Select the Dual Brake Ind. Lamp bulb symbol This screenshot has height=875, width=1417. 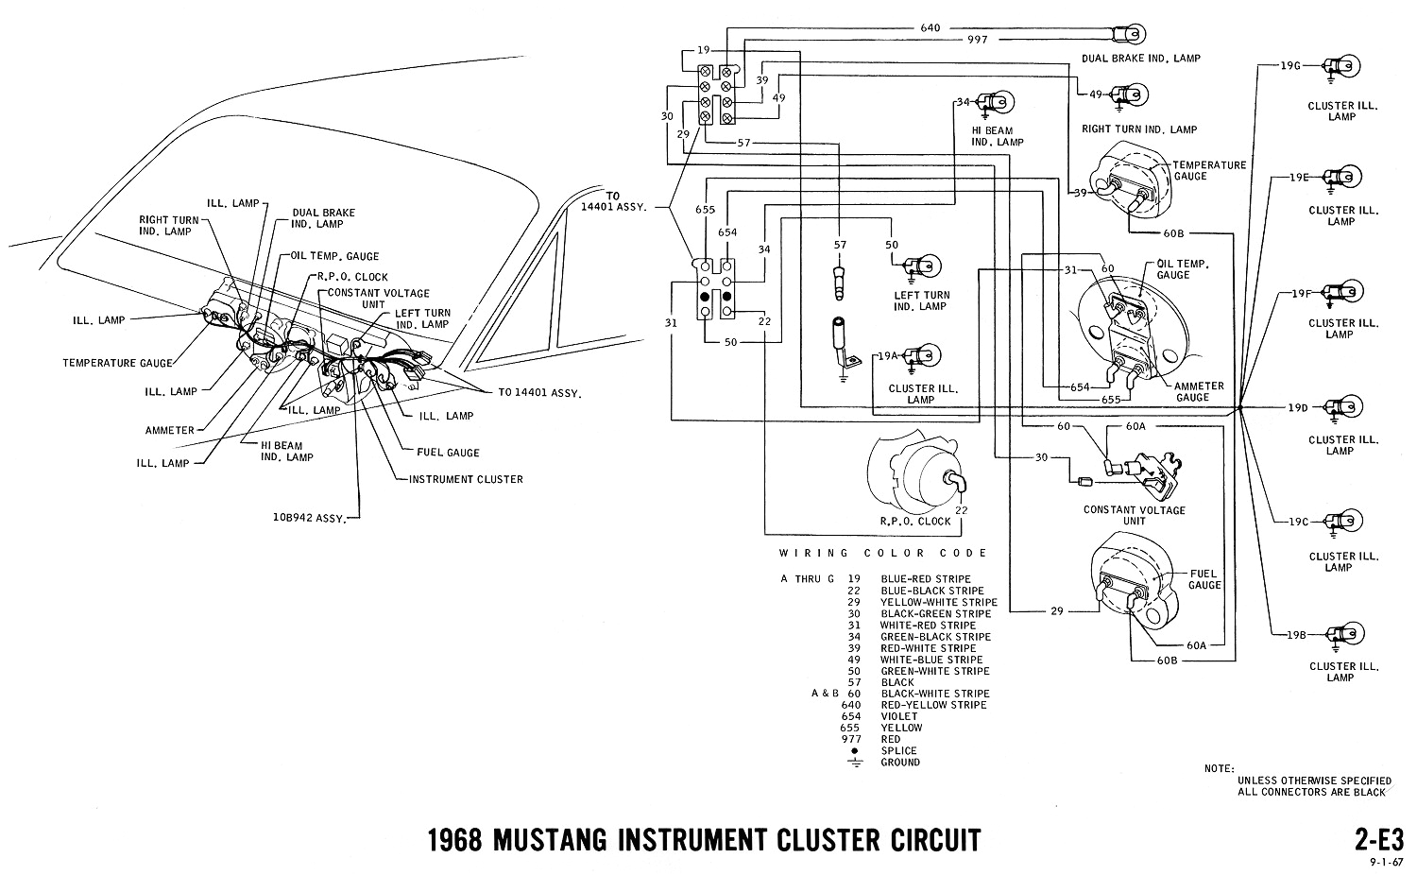(1124, 34)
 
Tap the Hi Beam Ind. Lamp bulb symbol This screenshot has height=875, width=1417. (992, 101)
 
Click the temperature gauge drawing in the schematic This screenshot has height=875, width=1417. (1129, 180)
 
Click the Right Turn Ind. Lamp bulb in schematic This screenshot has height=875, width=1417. (1124, 94)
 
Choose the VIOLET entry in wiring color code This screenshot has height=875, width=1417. (901, 717)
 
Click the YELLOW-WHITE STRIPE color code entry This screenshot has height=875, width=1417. (938, 602)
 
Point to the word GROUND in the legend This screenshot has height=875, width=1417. (900, 763)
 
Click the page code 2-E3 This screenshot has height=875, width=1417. (1372, 840)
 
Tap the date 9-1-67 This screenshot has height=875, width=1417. (1387, 862)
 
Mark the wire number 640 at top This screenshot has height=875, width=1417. (930, 28)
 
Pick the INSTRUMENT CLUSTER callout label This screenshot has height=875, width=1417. (466, 479)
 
